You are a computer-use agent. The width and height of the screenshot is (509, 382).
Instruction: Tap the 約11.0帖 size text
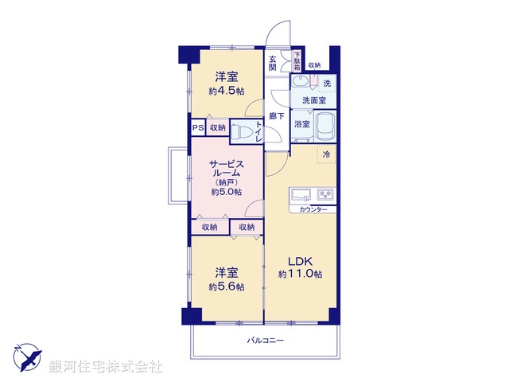300,274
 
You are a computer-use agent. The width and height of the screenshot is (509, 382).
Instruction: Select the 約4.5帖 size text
226,92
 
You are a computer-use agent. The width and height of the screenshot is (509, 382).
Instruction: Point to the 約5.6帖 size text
226,286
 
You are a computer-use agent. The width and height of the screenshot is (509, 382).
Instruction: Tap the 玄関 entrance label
273,63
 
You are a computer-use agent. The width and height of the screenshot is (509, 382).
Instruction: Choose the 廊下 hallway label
276,116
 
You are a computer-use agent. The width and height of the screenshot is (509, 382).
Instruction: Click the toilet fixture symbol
246,131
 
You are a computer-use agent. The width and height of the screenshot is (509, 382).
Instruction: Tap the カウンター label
313,209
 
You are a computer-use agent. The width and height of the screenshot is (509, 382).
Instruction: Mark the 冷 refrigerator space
326,154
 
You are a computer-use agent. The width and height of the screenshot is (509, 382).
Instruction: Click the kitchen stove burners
325,195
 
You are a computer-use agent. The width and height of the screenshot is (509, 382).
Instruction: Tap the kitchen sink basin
301,195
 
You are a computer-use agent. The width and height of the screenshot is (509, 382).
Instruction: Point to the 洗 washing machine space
326,84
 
